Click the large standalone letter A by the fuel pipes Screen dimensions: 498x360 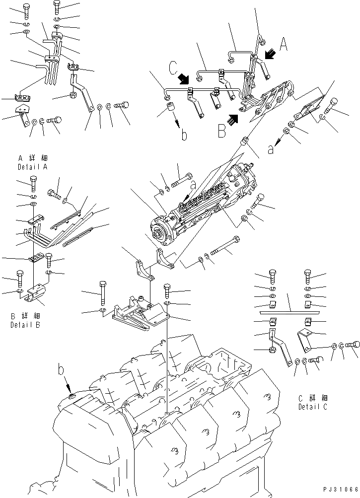pos(284,45)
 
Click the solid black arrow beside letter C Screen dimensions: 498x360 pos(184,79)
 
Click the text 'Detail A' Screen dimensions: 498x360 pos(32,167)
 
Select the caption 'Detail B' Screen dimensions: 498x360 pos(25,325)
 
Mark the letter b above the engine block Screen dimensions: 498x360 pos(61,370)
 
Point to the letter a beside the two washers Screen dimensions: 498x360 pos(270,148)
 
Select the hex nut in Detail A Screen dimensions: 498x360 pos(72,95)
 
